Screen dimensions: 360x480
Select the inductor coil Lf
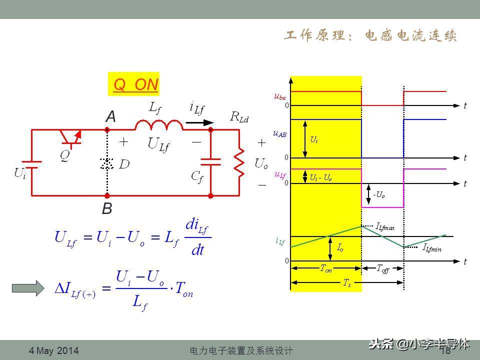(x=158, y=124)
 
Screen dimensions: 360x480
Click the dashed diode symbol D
(x=106, y=163)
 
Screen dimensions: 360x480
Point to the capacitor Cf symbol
(x=210, y=161)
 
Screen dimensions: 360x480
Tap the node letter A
(x=110, y=117)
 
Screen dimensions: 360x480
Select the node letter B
(x=107, y=208)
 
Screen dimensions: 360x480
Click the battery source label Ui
(x=20, y=173)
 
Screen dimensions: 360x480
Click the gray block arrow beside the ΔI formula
(x=27, y=288)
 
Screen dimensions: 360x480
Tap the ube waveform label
(x=280, y=96)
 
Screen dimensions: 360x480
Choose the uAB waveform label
(x=280, y=133)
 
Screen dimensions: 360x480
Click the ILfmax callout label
(x=385, y=227)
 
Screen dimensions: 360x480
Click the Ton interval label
(x=325, y=268)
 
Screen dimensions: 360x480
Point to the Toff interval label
(x=382, y=268)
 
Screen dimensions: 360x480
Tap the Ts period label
(x=346, y=282)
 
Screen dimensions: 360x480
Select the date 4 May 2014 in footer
(x=54, y=350)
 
